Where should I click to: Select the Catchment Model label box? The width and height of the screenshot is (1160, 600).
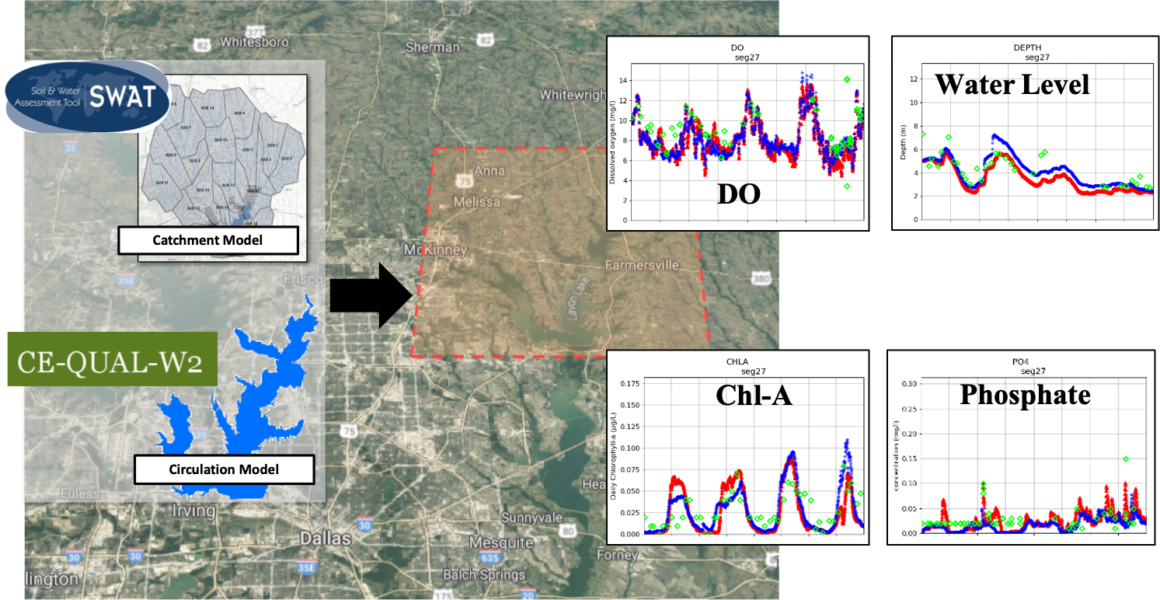click(208, 240)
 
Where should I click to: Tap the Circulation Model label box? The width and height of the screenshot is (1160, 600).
click(225, 469)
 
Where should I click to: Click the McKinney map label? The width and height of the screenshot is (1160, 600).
click(435, 249)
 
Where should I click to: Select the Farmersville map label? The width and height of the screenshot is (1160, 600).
click(642, 266)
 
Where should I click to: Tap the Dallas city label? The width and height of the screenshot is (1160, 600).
click(326, 539)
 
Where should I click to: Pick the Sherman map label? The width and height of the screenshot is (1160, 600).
click(433, 47)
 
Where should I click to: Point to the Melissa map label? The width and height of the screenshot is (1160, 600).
click(478, 202)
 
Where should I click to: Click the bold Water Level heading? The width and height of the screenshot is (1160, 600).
click(1012, 84)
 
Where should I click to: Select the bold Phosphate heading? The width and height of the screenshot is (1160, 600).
click(1025, 395)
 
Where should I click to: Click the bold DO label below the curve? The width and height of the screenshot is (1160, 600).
click(738, 193)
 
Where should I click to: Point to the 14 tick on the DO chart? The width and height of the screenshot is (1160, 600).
click(622, 81)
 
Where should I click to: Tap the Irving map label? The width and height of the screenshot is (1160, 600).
click(193, 511)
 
